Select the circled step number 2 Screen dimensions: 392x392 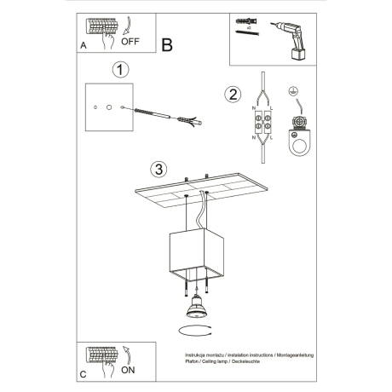231,95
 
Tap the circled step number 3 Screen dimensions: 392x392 156,169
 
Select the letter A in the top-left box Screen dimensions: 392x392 83,47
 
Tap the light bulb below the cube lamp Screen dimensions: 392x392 193,306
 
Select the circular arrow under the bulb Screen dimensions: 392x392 194,330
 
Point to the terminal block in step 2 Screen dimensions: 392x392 262,123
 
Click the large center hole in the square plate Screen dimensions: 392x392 108,107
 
